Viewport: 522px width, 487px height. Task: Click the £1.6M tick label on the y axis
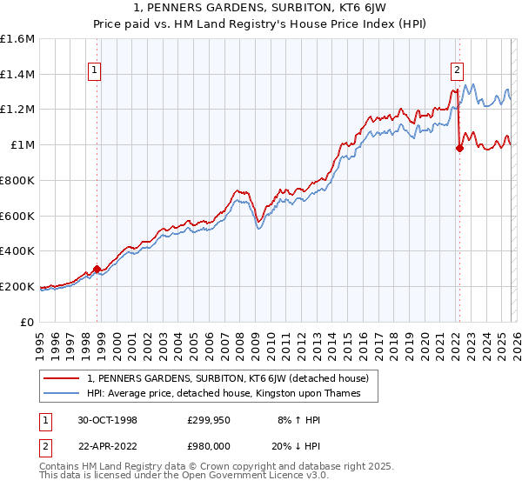coord(17,39)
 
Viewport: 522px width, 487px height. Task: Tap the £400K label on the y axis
coord(17,250)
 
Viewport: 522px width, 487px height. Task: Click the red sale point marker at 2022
coord(458,148)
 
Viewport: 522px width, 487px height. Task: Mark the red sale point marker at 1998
coord(97,269)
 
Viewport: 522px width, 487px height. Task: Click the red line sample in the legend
coord(63,378)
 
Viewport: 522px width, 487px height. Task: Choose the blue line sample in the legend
coord(63,394)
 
